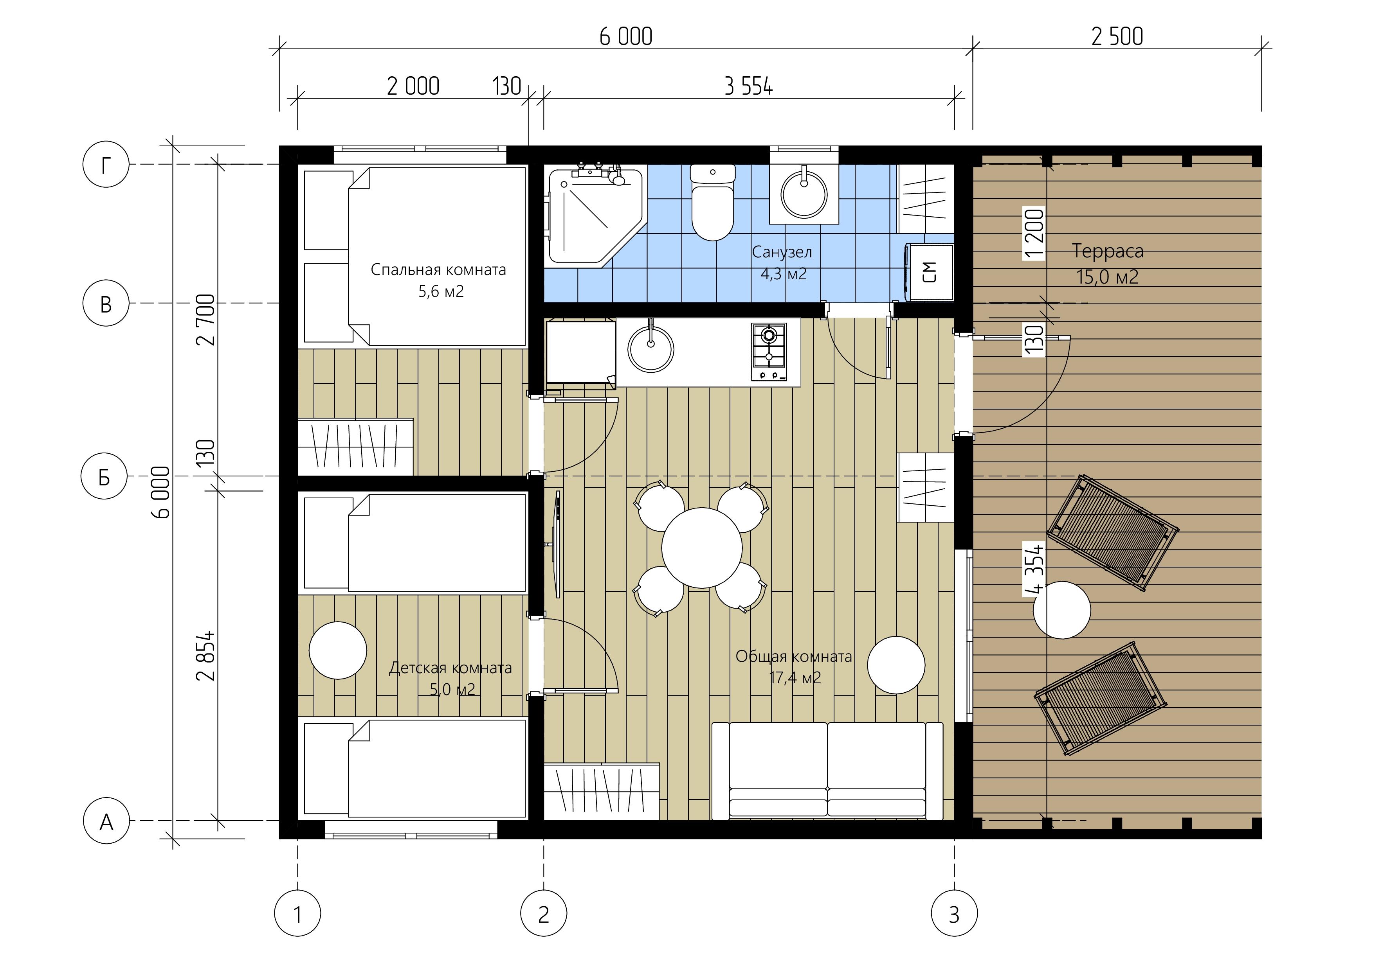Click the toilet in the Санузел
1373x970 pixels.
[712, 202]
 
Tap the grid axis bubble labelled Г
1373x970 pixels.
[106, 164]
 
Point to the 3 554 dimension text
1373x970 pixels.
[748, 87]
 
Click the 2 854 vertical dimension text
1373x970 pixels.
[206, 656]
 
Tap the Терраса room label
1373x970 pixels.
[1108, 251]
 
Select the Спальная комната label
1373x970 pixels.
[438, 269]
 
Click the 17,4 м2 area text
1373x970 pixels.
[795, 678]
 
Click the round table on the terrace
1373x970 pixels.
[1062, 610]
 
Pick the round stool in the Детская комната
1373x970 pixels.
[338, 650]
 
